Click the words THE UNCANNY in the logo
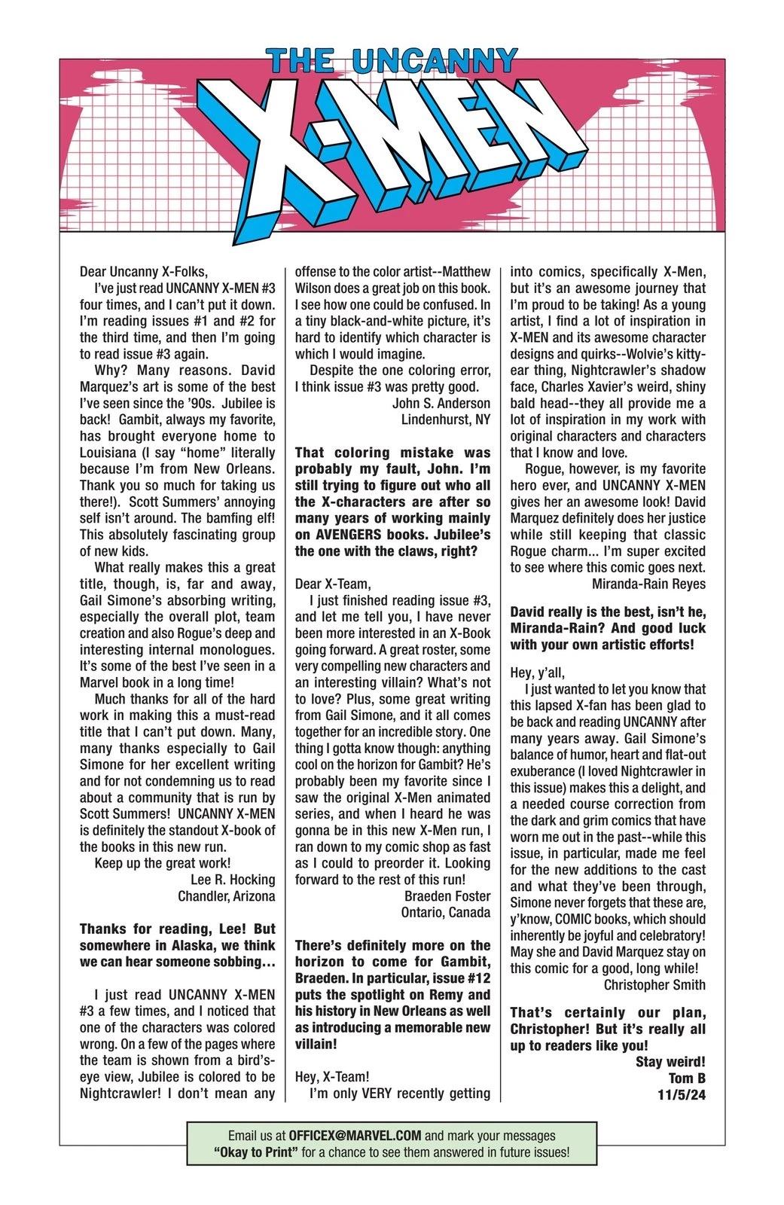392,60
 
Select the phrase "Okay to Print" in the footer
252,1152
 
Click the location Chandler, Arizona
226,896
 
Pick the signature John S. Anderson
441,403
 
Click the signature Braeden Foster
447,896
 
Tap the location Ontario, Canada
445,913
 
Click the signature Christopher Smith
654,984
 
